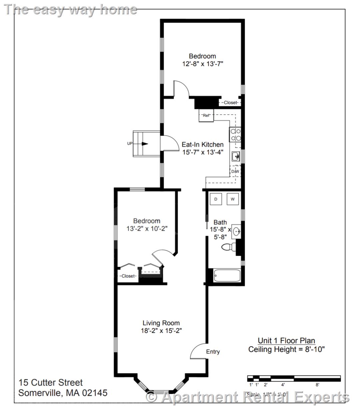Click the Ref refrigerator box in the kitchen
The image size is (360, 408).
point(206,116)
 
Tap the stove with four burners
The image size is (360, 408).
point(236,135)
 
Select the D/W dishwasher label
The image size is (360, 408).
point(235,171)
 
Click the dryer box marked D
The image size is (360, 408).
point(216,199)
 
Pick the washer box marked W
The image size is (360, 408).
point(233,199)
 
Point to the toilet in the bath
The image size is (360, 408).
point(228,247)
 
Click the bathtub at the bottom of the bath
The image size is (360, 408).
point(227,276)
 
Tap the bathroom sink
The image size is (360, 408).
point(236,231)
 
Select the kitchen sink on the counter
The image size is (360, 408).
point(236,156)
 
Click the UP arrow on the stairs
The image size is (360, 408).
point(144,144)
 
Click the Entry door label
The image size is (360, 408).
point(213,352)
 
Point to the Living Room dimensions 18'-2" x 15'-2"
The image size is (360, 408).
point(161,331)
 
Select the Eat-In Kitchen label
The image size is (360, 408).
point(202,145)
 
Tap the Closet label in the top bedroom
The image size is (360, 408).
point(230,103)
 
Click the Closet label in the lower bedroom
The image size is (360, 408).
point(128,276)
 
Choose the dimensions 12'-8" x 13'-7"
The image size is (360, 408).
point(202,64)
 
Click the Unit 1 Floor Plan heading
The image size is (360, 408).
point(286,341)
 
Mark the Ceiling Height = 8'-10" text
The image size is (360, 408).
point(286,349)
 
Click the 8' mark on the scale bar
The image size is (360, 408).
point(317,385)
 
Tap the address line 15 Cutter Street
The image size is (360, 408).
point(51,383)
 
